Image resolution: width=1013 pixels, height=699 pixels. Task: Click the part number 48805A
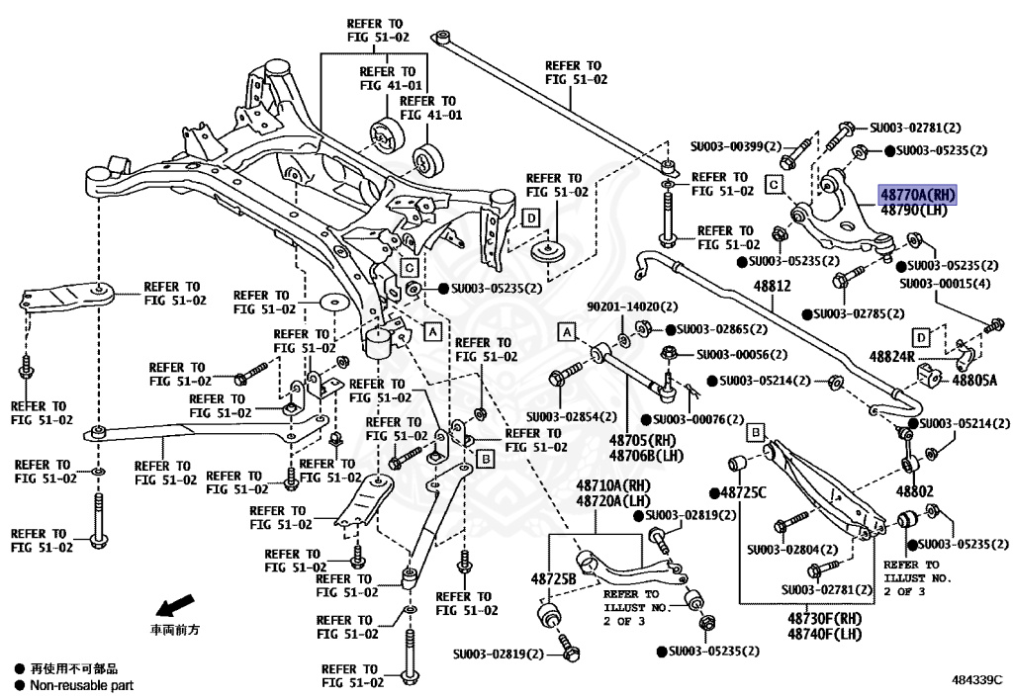point(974,380)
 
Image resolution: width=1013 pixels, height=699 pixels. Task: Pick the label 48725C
point(743,491)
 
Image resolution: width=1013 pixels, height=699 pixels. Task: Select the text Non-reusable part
point(81,685)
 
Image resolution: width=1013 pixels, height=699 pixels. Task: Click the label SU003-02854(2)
point(571,416)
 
